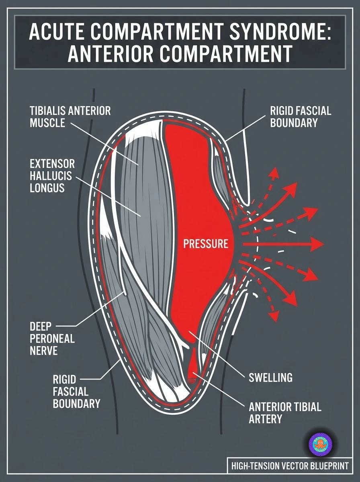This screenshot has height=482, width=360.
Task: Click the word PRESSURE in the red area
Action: (206, 244)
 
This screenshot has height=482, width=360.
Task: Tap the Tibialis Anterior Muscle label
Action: (70, 116)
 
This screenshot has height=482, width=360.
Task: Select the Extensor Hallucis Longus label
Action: (52, 176)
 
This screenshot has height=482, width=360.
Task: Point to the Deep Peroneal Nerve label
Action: (52, 338)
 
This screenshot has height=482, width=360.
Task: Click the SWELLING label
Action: (270, 378)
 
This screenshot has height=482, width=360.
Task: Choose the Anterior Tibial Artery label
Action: (285, 413)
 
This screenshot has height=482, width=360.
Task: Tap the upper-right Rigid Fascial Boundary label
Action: (301, 116)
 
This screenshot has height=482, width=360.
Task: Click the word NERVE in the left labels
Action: (43, 350)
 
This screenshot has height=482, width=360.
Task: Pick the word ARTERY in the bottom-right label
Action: (265, 419)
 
